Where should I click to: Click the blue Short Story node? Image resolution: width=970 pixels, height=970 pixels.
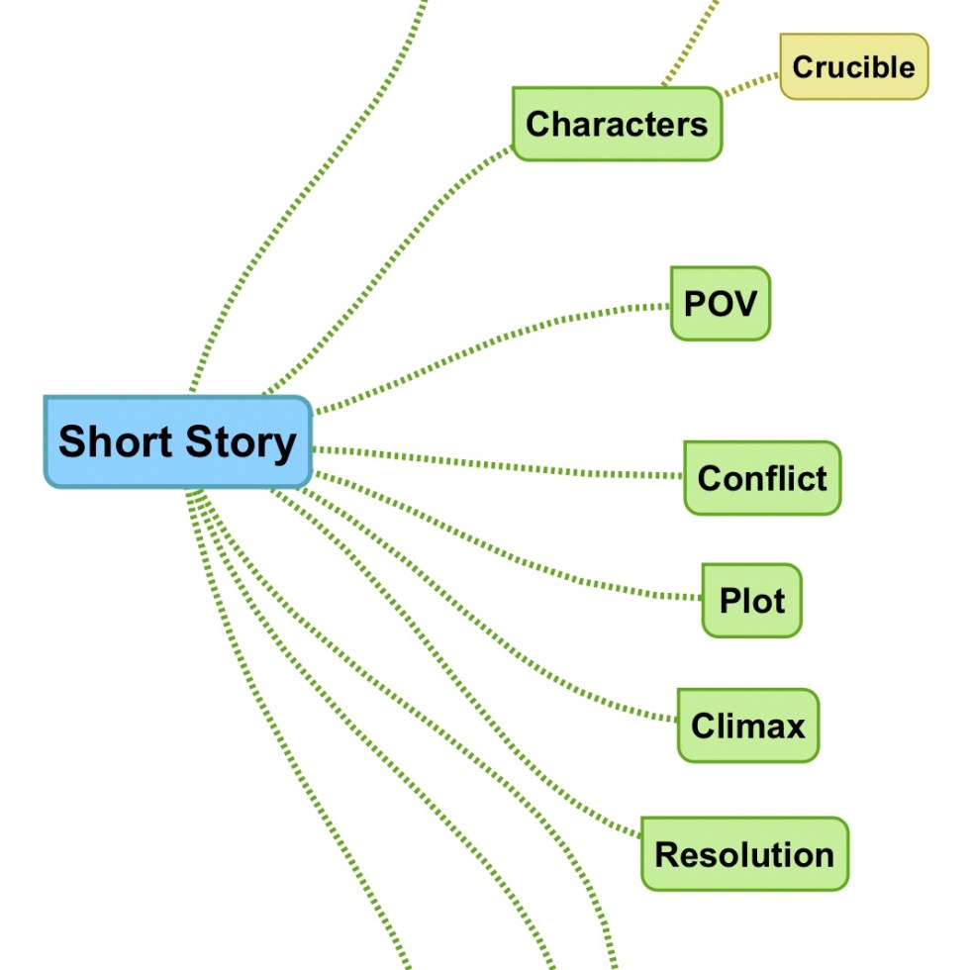[178, 441]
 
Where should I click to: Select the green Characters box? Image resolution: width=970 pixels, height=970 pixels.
[617, 124]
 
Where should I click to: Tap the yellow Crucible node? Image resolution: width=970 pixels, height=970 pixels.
[853, 67]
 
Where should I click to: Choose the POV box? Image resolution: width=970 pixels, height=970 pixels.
[720, 303]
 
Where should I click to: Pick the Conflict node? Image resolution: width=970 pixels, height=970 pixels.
[761, 478]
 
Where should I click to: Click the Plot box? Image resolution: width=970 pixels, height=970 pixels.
[751, 601]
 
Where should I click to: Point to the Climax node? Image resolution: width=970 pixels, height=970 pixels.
[747, 726]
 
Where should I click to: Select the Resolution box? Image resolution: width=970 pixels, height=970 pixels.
[744, 853]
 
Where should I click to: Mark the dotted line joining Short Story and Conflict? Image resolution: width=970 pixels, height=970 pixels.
[495, 462]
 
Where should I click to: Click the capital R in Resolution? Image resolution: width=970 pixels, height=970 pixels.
[666, 853]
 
